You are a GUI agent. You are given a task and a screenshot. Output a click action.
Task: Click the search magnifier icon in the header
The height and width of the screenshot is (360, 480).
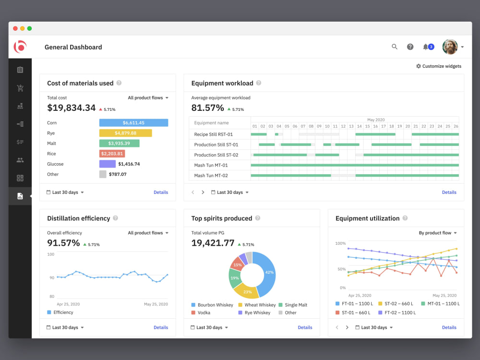(394, 47)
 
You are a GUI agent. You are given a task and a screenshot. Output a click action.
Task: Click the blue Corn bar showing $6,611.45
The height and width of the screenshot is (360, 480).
(133, 123)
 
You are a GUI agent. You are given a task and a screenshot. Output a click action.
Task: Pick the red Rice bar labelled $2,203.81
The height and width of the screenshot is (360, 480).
(112, 154)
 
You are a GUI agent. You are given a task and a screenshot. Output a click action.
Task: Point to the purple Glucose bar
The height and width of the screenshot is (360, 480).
(107, 164)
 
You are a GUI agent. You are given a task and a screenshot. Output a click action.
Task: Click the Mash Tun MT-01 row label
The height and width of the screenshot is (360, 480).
(211, 165)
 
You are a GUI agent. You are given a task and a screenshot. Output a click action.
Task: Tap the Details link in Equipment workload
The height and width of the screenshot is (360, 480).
(449, 192)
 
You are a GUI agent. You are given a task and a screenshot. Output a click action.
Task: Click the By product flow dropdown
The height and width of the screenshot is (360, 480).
(438, 233)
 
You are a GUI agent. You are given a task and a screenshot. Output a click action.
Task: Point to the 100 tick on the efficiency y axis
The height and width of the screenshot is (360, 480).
(50, 254)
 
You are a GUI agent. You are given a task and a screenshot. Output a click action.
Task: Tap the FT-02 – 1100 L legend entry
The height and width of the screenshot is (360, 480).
(397, 312)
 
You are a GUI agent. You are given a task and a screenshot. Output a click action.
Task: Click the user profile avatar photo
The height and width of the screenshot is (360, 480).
(450, 47)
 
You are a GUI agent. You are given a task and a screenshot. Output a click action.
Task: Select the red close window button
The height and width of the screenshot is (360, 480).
(15, 28)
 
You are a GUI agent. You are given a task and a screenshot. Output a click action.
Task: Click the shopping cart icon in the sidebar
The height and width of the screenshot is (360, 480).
(20, 88)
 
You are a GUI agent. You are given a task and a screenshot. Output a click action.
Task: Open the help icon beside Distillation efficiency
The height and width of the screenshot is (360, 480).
(115, 218)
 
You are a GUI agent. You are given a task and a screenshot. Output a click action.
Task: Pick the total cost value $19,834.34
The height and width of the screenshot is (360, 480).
(72, 108)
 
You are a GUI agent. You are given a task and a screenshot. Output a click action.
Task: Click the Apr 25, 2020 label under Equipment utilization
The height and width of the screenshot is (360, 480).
(360, 295)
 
